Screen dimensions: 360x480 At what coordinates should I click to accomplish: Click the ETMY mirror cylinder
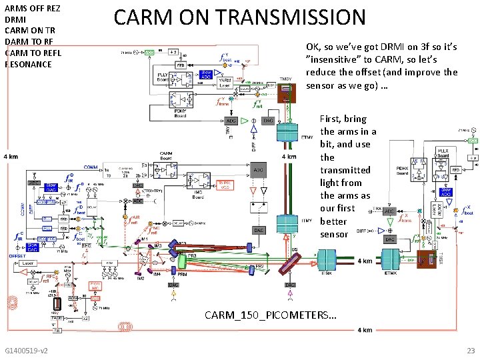coord(289,131)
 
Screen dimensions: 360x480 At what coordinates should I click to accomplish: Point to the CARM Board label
coord(167,157)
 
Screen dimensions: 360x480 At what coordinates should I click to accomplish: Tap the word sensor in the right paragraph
coord(333,234)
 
